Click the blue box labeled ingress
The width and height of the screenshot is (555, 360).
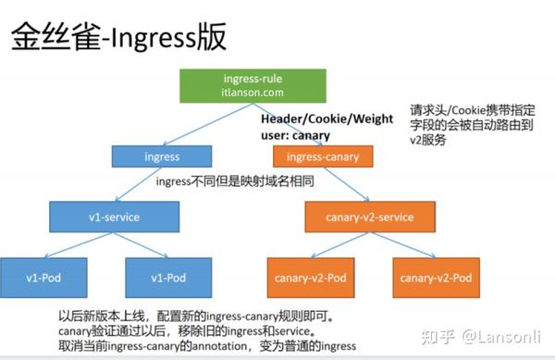point(162,157)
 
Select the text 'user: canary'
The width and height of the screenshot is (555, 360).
point(297,134)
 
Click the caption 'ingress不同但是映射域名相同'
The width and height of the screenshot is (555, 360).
point(236,181)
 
